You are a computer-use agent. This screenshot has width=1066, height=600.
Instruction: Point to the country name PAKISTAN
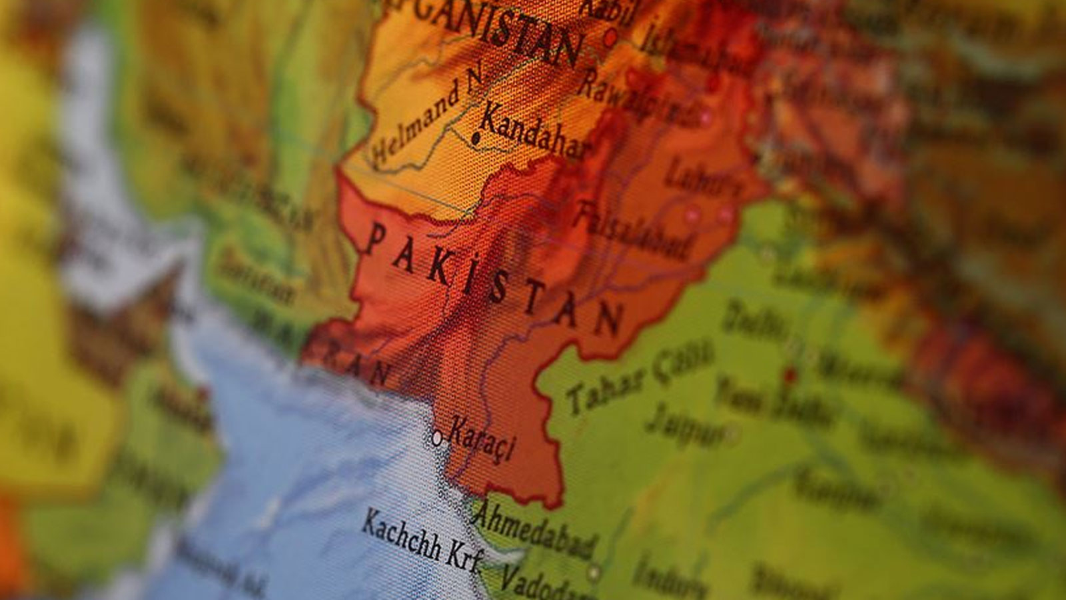click(493, 277)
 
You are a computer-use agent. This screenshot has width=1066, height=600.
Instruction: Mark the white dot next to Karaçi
click(437, 438)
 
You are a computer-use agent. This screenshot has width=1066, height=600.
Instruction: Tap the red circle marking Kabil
click(610, 39)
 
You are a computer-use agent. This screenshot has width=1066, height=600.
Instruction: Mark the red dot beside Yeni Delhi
click(791, 374)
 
